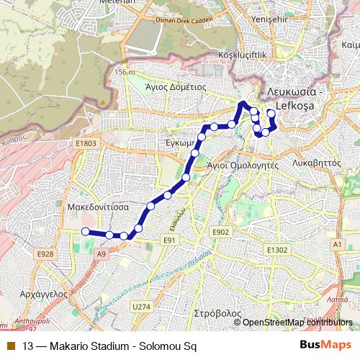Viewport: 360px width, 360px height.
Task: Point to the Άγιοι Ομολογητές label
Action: point(242,164)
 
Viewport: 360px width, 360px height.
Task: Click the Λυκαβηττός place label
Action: point(317,163)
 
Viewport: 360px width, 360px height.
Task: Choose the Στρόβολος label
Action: point(217,314)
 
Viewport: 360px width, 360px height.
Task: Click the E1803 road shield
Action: point(86,144)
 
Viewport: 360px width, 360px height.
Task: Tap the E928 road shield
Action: point(45,253)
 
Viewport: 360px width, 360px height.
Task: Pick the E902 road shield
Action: point(220,232)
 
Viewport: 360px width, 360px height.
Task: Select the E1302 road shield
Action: point(276,249)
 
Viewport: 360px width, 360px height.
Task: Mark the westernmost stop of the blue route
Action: point(85,231)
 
